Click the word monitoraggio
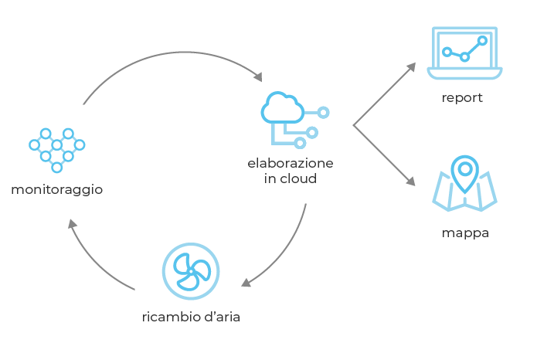click(x=57, y=190)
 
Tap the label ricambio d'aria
click(x=191, y=317)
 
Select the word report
click(x=462, y=98)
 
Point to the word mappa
click(x=465, y=233)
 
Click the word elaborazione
click(x=290, y=163)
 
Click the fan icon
click(x=191, y=271)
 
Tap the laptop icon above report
click(x=464, y=53)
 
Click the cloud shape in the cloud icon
click(x=282, y=107)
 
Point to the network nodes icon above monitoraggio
click(x=57, y=151)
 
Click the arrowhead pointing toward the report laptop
click(x=411, y=66)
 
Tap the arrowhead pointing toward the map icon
click(x=410, y=181)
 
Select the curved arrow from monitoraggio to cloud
click(x=183, y=52)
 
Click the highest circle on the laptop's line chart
click(x=483, y=41)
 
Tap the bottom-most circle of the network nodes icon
click(x=57, y=168)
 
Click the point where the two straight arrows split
click(x=353, y=125)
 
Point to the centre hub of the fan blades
click(x=191, y=271)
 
